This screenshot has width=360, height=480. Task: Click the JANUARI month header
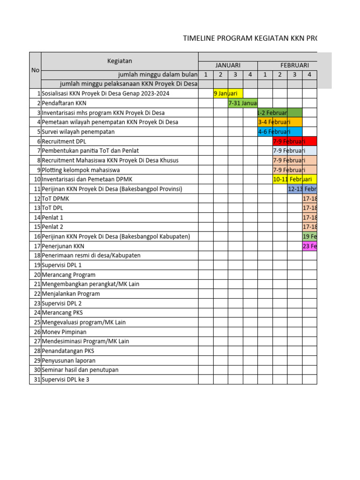pos(228,65)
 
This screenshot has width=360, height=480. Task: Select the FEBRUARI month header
pos(294,65)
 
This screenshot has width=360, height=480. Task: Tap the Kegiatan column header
pos(119,60)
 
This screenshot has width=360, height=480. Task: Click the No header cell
pos(35,70)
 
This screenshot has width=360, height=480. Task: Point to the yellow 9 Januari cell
pos(228,93)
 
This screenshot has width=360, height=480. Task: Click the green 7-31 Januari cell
pos(242,103)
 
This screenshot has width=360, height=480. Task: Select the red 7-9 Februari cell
pos(294,141)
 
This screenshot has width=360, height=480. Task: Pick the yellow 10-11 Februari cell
pos(294,179)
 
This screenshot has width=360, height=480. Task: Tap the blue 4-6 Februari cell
pos(279,132)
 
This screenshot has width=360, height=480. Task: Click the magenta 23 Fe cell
pos(310,246)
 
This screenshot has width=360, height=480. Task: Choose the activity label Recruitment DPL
pos(64,141)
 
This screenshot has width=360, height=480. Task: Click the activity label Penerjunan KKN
pos(63,246)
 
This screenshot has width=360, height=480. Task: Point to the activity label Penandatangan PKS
pos(68,351)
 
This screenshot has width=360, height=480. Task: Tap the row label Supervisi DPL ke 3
pos(66,379)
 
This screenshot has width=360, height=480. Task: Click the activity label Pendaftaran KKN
pos(64,103)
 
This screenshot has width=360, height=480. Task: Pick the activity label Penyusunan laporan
pos(68,360)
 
